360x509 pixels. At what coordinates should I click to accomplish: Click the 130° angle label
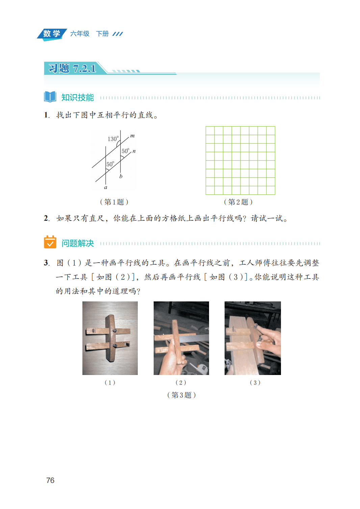[x=113, y=139]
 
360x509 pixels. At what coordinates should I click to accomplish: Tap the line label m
[x=132, y=136]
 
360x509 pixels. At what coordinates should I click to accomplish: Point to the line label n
[x=134, y=151]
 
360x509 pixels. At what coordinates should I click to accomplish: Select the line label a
[x=105, y=187]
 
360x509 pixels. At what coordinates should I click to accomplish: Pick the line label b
[x=121, y=176]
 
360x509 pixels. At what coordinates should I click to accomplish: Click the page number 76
[x=50, y=480]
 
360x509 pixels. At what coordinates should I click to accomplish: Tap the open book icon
[x=50, y=97]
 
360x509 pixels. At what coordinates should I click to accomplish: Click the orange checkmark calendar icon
[x=50, y=242]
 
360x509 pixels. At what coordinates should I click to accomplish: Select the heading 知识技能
[x=78, y=98]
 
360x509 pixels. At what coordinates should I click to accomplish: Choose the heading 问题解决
[x=78, y=243]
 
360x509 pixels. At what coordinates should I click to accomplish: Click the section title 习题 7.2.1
[x=72, y=68]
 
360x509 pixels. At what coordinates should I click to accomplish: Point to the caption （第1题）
[x=114, y=202]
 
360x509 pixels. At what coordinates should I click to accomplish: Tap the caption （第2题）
[x=238, y=202]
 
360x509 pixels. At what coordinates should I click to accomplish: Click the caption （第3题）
[x=181, y=395]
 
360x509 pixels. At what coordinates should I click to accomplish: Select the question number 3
[x=47, y=263]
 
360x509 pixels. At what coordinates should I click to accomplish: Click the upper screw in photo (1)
[x=115, y=331]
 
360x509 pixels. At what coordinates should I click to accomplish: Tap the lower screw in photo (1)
[x=115, y=346]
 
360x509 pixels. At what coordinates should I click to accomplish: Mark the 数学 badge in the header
[x=52, y=34]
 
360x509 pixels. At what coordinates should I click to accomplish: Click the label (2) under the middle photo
[x=181, y=383]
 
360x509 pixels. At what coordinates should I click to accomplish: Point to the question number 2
[x=47, y=218]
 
